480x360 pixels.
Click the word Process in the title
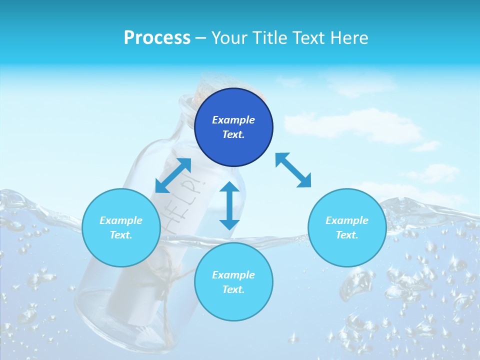tap(157, 38)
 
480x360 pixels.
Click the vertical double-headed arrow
tap(229, 205)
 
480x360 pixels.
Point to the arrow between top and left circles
tap(173, 175)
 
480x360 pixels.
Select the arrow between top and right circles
tap(293, 170)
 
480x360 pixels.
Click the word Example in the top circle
tap(233, 120)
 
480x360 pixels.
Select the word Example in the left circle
tap(121, 220)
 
